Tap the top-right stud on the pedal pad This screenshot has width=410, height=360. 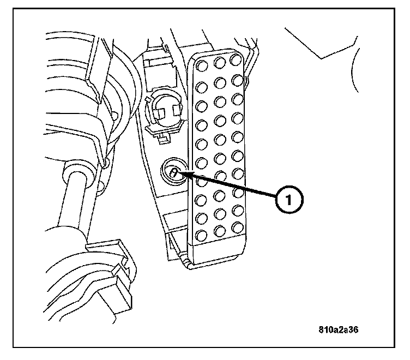(x=236, y=58)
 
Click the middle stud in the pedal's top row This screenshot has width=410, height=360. (x=219, y=62)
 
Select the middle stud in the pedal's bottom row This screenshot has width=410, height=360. (x=219, y=232)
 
